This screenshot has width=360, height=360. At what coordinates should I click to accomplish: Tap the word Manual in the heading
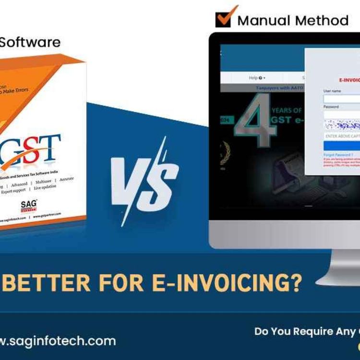[x=264, y=21]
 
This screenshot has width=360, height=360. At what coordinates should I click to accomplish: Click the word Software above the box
[x=30, y=42]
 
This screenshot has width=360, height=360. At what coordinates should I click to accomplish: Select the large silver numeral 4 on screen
[x=254, y=122]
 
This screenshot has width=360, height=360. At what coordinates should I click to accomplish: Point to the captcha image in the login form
[x=342, y=126]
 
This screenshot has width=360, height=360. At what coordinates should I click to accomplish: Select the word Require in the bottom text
[x=315, y=331]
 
